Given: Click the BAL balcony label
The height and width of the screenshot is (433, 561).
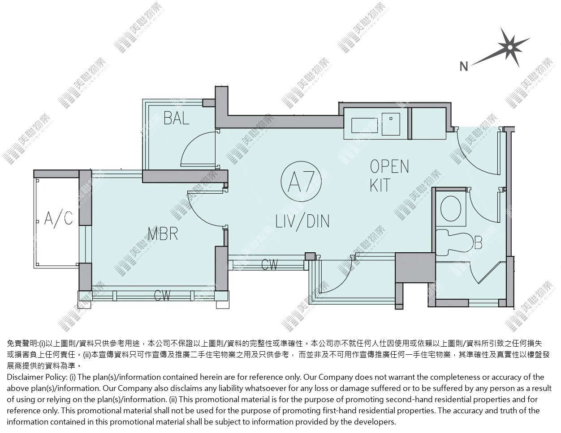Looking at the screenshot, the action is tap(177, 119).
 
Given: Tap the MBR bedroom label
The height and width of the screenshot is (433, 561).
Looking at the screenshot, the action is tap(163, 234).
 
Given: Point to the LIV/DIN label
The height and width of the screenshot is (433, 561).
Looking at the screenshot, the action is tap(302, 221).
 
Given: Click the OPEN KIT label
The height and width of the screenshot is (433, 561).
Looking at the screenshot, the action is tap(389, 175).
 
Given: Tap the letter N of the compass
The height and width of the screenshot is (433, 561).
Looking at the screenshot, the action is tap(464, 67).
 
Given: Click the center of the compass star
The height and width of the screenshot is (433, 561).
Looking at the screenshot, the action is tap(510, 47).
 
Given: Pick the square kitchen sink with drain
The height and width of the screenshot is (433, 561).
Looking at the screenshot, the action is tap(391, 124).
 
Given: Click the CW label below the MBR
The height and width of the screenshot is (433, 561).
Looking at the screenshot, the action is tap(162, 296).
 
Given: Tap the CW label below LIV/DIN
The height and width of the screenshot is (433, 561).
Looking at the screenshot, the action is tap(269, 264).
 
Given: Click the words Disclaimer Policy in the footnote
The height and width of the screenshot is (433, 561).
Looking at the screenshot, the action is tap(37, 377).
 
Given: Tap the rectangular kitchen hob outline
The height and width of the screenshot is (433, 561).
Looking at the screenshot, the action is tap(365, 125).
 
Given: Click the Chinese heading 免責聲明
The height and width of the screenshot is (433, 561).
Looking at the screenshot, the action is tap(22, 343).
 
